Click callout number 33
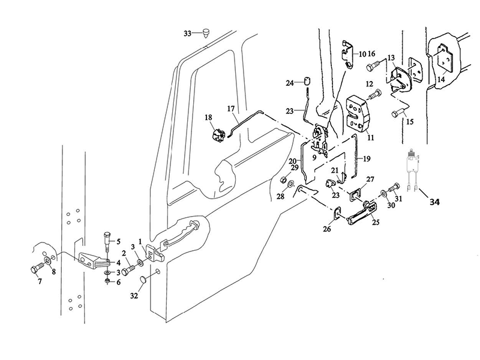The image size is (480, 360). (188, 34)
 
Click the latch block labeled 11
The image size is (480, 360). (358, 112)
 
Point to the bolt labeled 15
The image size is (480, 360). (395, 113)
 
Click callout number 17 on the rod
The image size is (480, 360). (231, 109)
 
